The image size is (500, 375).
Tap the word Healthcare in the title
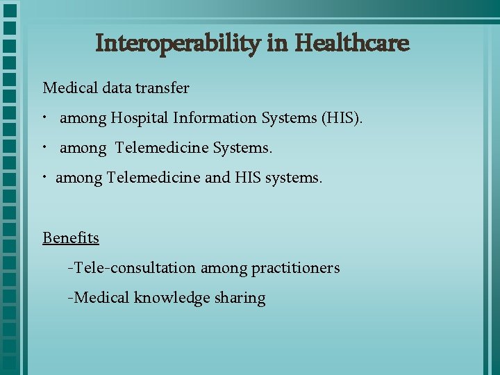pos(352,43)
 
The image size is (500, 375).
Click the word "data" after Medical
pos(117,88)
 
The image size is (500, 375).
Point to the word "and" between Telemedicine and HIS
pos(217,178)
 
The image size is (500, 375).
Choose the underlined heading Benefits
pos(71,238)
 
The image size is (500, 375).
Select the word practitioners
pos(296,268)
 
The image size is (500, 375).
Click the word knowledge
pos(172,299)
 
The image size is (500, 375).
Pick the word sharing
pos(240,299)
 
